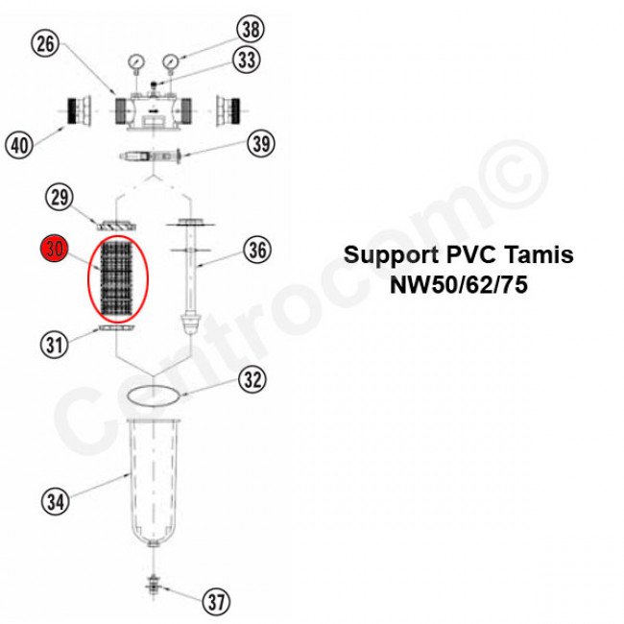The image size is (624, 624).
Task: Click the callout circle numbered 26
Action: tap(45, 43)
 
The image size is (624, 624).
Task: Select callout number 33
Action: tap(247, 60)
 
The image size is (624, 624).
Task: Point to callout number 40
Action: tap(19, 145)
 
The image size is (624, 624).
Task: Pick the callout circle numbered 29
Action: tap(60, 199)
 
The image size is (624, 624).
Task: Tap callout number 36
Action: tap(256, 251)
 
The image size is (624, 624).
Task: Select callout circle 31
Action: tap(54, 342)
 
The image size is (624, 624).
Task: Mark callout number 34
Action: tap(55, 500)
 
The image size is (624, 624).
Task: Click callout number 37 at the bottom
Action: tap(216, 602)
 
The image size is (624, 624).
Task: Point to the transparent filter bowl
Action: tap(155, 480)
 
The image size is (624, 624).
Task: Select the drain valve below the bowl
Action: tap(153, 584)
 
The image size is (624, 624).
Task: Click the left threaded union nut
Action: tap(78, 114)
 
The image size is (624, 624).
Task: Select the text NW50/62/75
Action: tap(459, 285)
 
